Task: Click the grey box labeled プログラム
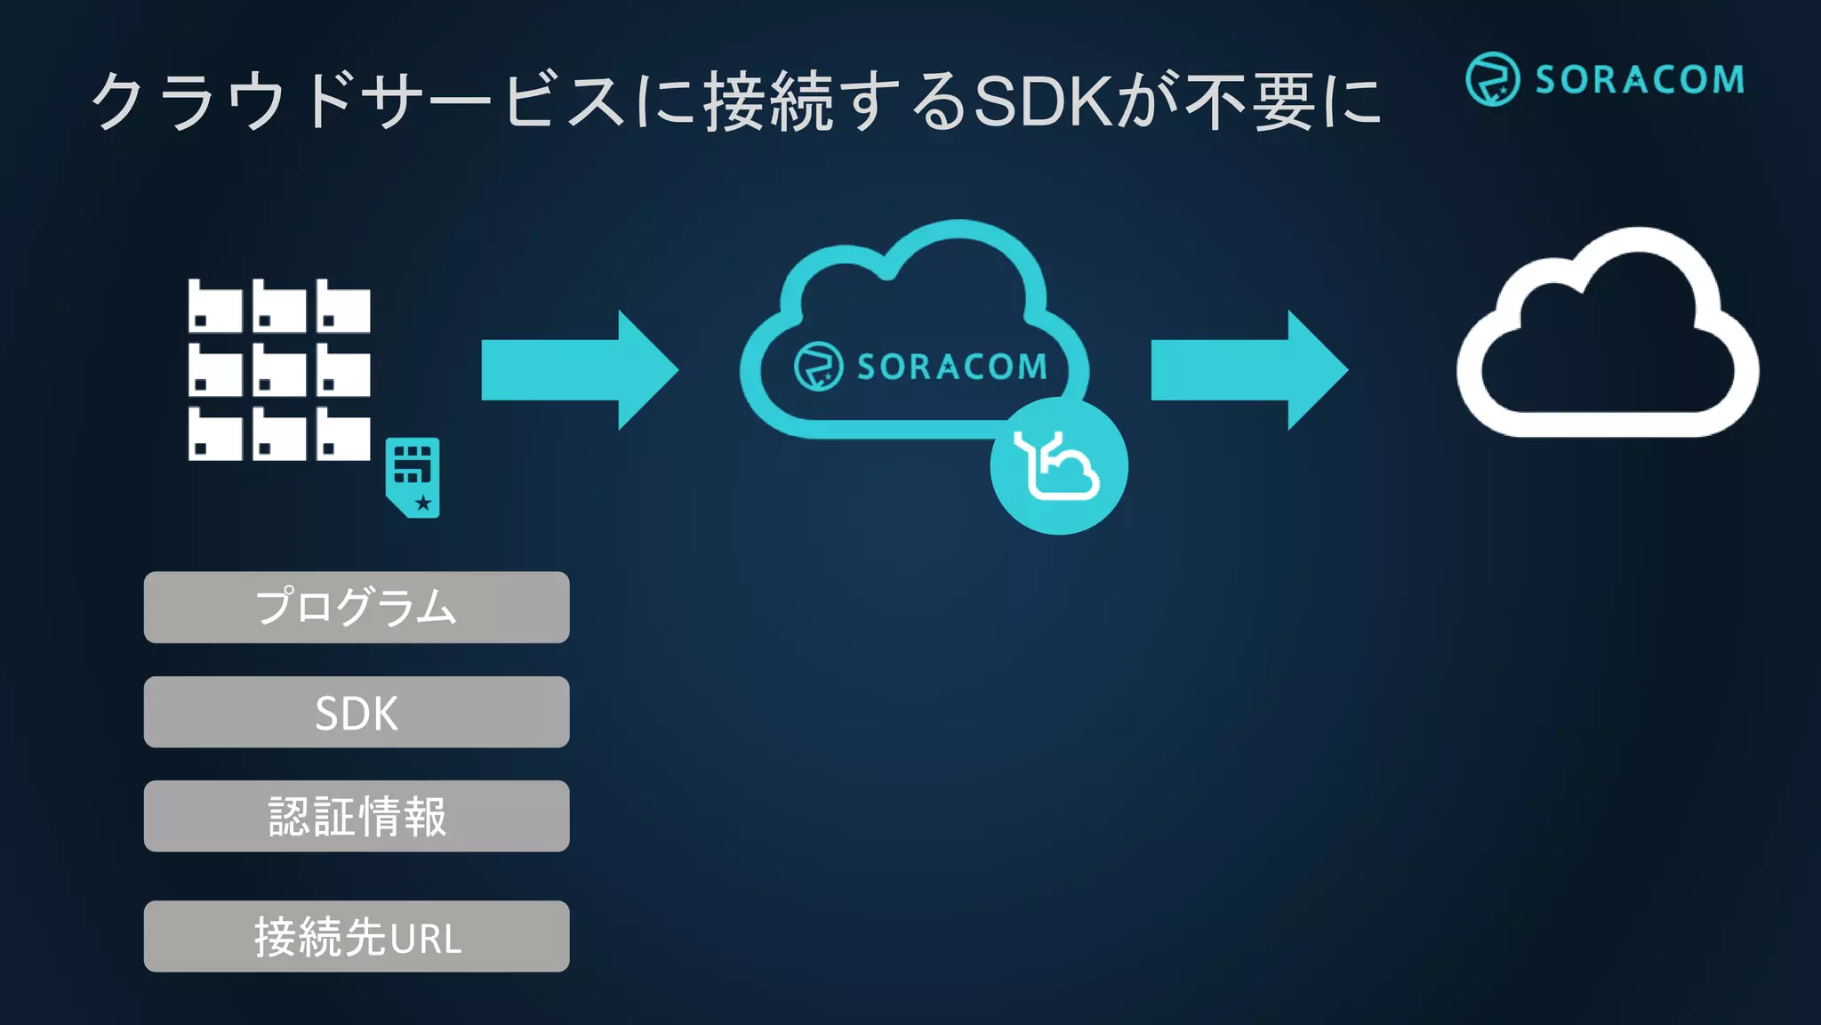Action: (x=357, y=607)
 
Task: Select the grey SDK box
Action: (x=357, y=712)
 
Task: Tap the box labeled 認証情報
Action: (x=357, y=816)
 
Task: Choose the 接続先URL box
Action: (x=357, y=936)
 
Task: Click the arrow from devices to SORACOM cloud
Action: (x=579, y=369)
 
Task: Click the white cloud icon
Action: (x=1607, y=338)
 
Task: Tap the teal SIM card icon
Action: (x=413, y=477)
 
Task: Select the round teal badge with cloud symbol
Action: (x=1059, y=466)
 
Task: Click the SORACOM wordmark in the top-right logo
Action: (x=1640, y=80)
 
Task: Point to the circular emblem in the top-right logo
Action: (x=1492, y=79)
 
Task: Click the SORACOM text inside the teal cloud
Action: (x=951, y=367)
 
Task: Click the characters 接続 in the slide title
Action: (x=768, y=101)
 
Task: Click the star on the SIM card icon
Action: (x=423, y=503)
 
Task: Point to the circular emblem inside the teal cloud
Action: (x=818, y=366)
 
